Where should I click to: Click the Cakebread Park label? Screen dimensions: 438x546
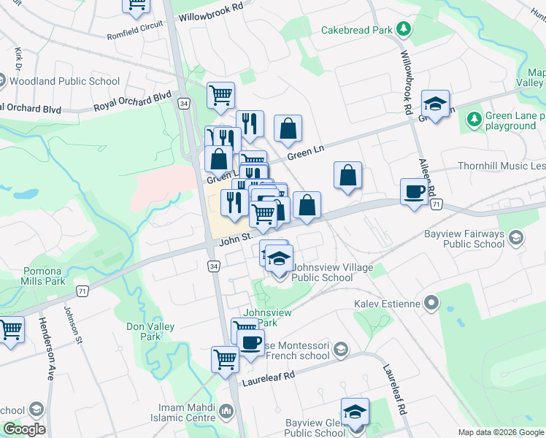356,30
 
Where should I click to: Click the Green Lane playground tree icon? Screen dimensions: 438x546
474,118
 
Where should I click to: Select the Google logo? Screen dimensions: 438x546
23,429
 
